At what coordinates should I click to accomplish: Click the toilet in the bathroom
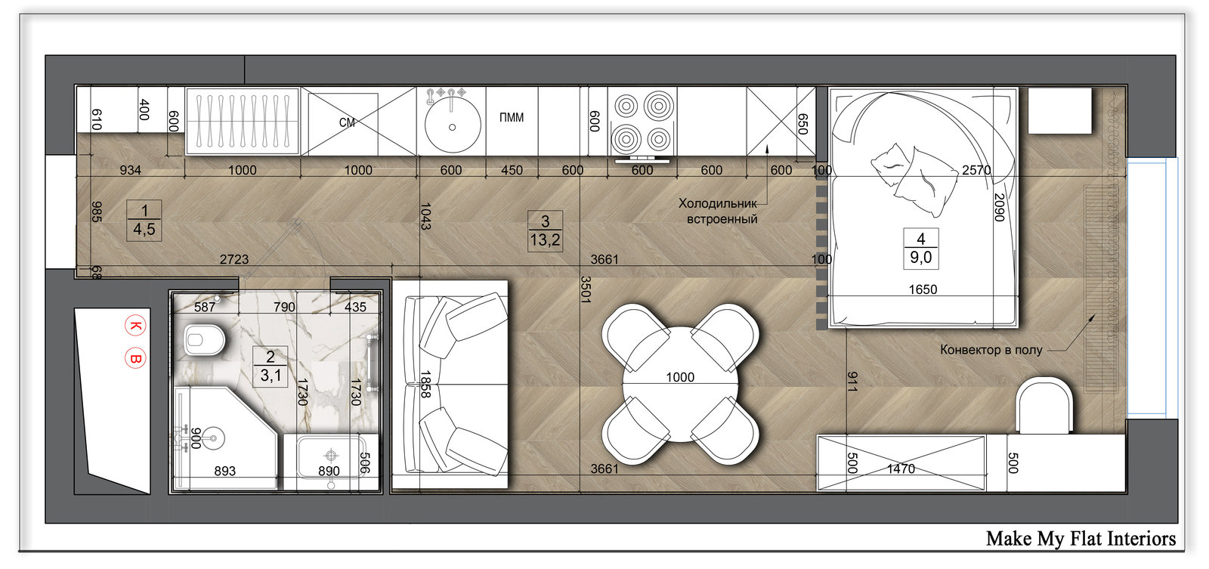point(203,340)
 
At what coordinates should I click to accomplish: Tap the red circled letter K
point(135,326)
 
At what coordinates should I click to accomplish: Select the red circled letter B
point(135,358)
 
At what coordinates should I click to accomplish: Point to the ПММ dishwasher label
point(511,117)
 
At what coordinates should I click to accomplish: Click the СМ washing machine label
point(347,122)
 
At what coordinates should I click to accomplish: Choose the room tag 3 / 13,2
point(545,230)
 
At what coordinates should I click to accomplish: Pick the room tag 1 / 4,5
point(144,220)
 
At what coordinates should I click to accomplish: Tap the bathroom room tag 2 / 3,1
point(271,366)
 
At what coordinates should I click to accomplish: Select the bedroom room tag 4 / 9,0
point(921,249)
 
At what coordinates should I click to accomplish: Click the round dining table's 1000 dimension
point(680,377)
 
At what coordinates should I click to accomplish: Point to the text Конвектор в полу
point(991,349)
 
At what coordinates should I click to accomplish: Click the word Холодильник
point(718,203)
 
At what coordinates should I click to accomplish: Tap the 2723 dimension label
point(234,259)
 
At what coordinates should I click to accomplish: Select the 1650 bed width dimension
point(923,289)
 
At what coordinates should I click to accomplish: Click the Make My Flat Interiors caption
point(1081,539)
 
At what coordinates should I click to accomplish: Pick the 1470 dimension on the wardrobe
point(901,468)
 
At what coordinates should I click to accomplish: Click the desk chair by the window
point(1044,406)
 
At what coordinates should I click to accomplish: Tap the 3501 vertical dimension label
point(586,289)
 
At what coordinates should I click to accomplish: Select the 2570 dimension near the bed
point(976,170)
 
